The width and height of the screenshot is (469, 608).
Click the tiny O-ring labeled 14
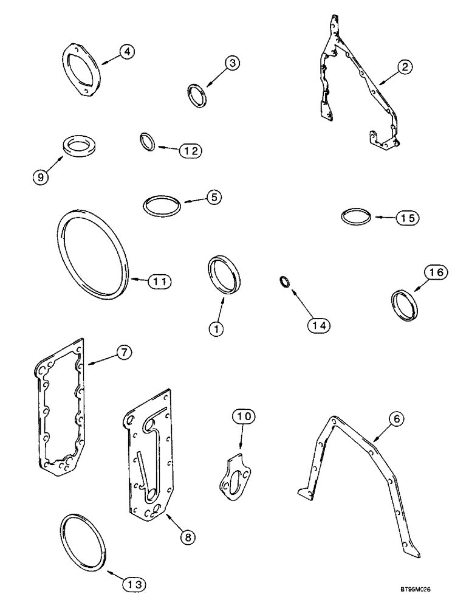[284, 281]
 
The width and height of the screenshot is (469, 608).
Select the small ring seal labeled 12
[148, 142]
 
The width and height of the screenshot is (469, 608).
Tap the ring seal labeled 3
[197, 96]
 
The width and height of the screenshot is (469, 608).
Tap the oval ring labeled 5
[162, 205]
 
